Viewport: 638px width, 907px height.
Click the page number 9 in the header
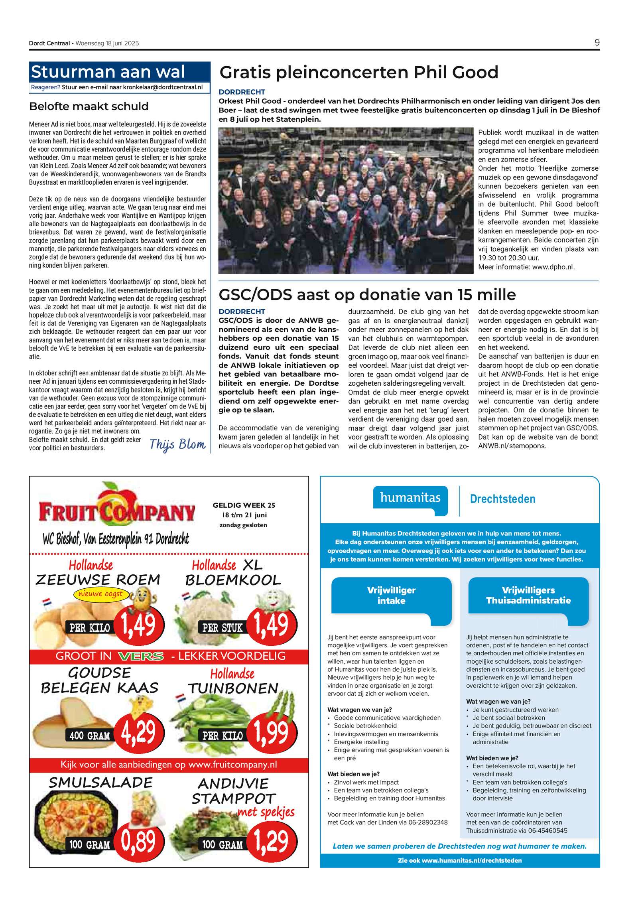(x=597, y=43)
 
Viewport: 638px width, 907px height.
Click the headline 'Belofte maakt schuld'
(x=89, y=106)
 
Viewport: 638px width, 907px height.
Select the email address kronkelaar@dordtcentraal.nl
(x=163, y=87)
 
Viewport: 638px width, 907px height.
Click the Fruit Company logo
(x=116, y=509)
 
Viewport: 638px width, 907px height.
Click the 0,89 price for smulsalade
(x=138, y=841)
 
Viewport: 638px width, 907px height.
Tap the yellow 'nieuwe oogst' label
(x=100, y=594)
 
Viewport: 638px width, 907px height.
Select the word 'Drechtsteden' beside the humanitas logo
(x=502, y=499)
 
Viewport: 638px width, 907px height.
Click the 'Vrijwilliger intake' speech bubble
(x=391, y=595)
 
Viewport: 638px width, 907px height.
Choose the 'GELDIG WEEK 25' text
(x=244, y=505)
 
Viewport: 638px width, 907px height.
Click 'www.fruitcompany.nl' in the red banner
(x=232, y=765)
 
